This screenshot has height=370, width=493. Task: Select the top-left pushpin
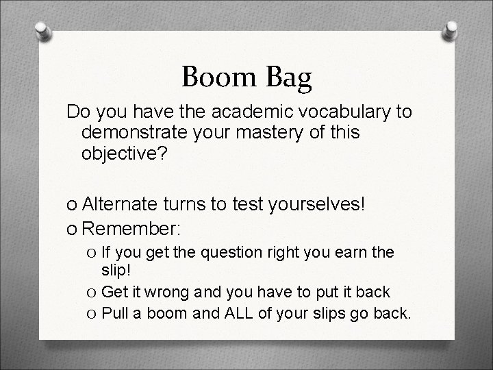tap(42, 32)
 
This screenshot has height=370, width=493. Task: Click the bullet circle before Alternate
tap(72, 203)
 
